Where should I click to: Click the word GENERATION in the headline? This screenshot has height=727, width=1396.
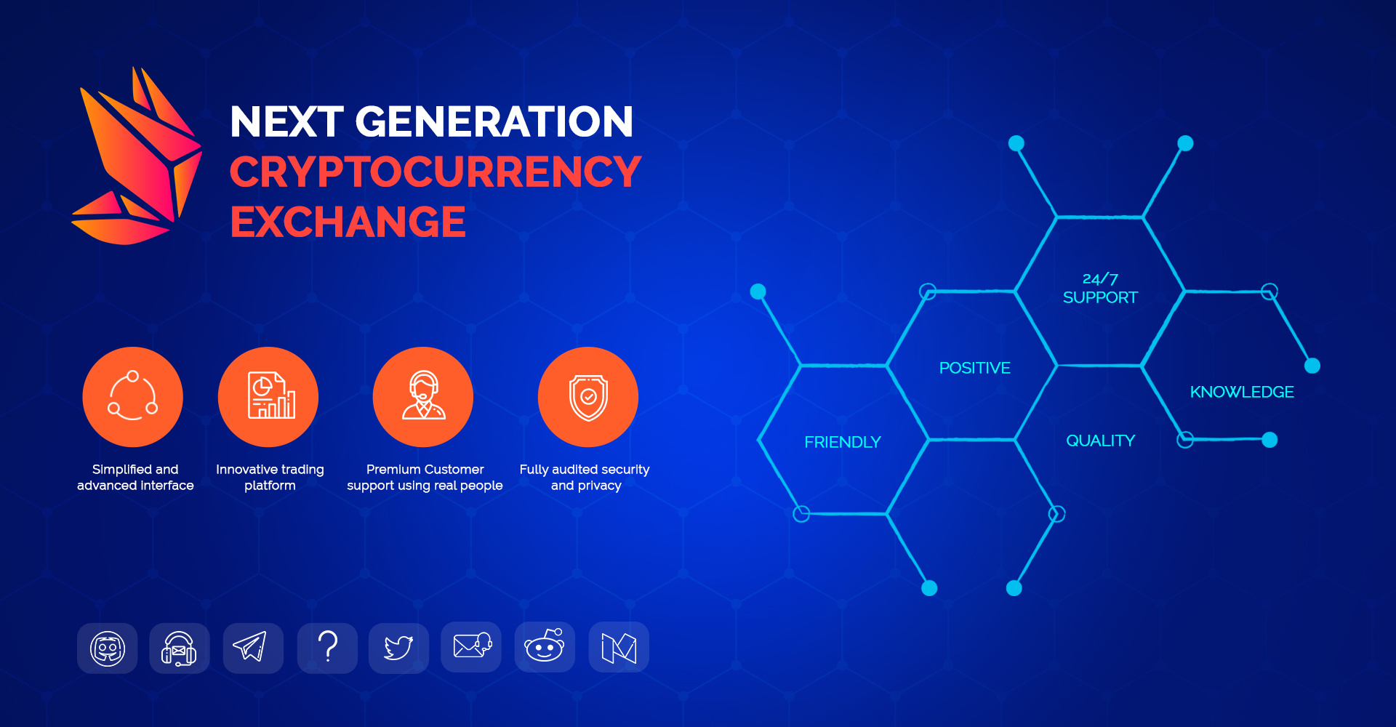(494, 121)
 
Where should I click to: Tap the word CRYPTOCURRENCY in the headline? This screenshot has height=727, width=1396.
(436, 172)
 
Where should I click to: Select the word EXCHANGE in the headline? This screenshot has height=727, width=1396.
(348, 222)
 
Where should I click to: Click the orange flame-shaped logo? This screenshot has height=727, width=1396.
(137, 156)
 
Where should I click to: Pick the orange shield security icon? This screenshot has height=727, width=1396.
(588, 397)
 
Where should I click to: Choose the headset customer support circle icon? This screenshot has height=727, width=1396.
(423, 397)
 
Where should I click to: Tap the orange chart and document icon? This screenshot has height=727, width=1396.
(268, 397)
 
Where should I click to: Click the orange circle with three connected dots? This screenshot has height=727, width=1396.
(133, 397)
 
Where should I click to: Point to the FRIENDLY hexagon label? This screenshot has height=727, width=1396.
(843, 442)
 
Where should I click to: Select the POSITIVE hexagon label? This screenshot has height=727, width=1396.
(975, 368)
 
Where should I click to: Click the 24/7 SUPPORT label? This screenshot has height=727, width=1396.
(1100, 289)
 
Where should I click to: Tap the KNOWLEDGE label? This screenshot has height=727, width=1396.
(1242, 392)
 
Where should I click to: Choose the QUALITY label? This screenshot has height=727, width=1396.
(1101, 441)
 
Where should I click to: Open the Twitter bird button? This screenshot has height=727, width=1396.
(398, 648)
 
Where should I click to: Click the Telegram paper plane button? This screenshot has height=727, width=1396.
(253, 648)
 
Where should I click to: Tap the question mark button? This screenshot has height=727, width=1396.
(327, 648)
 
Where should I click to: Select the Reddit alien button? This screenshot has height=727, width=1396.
(545, 647)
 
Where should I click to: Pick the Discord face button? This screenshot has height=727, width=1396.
(108, 648)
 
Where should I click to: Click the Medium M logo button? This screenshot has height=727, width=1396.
(619, 647)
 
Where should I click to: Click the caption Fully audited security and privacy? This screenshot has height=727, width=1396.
(585, 478)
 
